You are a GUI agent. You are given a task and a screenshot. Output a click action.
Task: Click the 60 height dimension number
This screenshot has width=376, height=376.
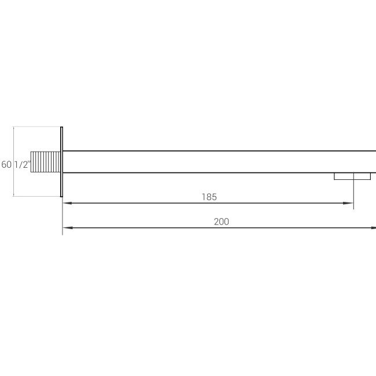click(6, 164)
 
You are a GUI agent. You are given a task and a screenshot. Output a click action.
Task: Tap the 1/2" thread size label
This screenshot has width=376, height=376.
click(23, 164)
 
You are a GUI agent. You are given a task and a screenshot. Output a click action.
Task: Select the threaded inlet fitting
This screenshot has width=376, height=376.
click(45, 162)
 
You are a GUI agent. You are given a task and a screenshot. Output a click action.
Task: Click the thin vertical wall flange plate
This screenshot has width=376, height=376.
click(62, 162)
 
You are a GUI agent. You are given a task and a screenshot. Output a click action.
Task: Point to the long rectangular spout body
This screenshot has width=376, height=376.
click(219, 162)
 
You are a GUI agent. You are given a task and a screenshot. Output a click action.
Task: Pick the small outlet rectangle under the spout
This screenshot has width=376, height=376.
click(352, 176)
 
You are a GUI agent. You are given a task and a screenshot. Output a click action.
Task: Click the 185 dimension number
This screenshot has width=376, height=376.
click(209, 197)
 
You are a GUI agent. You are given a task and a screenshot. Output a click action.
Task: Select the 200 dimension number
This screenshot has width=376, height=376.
click(222, 222)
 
